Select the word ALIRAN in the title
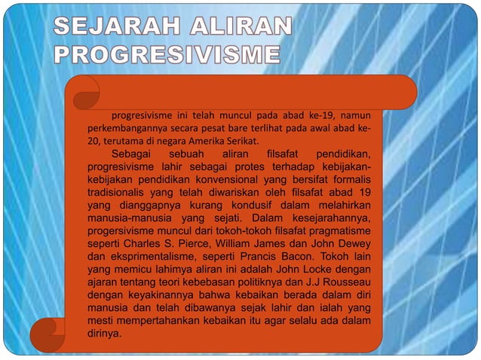tap(239, 29)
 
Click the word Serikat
tap(241, 141)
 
